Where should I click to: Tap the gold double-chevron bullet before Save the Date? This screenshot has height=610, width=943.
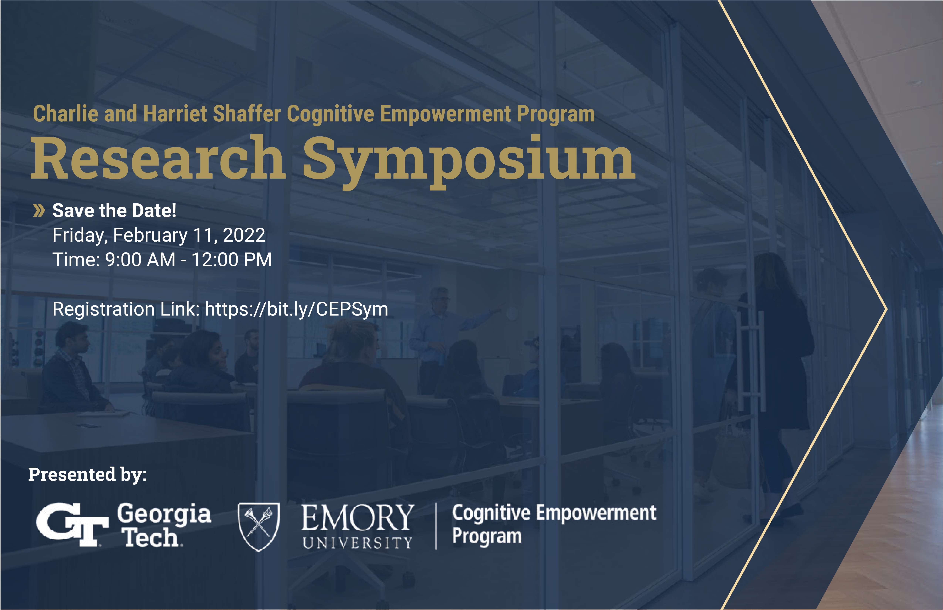click(x=39, y=211)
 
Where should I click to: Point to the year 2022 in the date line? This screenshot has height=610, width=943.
click(x=244, y=235)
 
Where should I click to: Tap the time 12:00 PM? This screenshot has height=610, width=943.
click(x=232, y=260)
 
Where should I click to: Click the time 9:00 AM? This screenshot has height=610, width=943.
click(x=140, y=260)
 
